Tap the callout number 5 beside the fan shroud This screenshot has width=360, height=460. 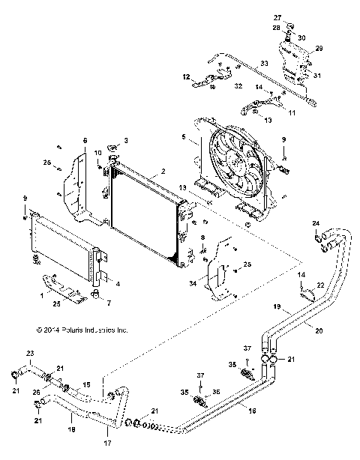pyautogui.click(x=184, y=136)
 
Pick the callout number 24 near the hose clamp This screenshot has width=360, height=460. pyautogui.click(x=316, y=223)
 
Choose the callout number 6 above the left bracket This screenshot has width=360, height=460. pyautogui.click(x=85, y=140)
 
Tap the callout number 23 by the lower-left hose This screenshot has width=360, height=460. pyautogui.click(x=30, y=354)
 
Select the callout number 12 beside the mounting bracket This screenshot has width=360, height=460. pyautogui.click(x=186, y=76)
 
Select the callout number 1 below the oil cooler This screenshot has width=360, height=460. pyautogui.click(x=40, y=295)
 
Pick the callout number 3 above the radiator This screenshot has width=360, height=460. pyautogui.click(x=126, y=140)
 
